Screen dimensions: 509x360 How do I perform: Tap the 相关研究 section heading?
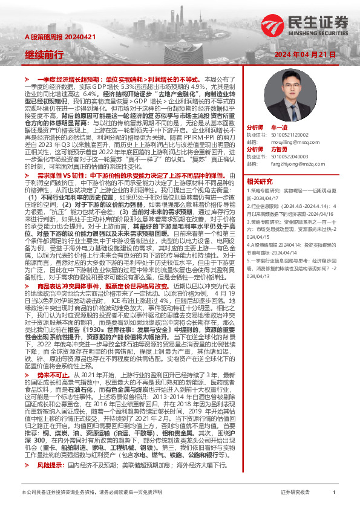pos(260,181)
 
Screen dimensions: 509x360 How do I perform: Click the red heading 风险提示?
pos(50,466)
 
